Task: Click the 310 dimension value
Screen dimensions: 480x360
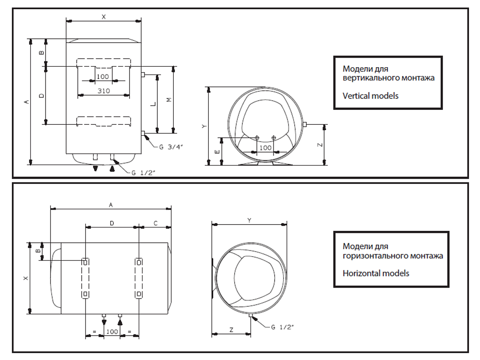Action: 104,91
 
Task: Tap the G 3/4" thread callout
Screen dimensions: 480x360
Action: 171,147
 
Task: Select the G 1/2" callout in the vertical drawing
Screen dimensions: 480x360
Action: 143,173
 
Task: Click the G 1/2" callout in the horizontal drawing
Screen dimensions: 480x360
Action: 282,327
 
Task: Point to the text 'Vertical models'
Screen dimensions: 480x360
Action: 371,96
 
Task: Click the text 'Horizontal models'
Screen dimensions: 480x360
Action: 376,273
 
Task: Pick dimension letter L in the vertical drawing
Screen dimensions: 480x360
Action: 154,104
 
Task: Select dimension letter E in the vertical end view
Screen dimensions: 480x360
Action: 217,152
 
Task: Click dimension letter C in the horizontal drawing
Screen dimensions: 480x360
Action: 156,223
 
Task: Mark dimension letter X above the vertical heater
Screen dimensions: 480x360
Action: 104,17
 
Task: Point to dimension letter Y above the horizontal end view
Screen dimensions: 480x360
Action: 250,220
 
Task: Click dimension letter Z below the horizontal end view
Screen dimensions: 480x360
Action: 231,330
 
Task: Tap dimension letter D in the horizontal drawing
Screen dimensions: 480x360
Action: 112,223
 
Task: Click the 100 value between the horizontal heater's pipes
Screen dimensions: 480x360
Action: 112,332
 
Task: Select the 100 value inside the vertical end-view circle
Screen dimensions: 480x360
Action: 265,147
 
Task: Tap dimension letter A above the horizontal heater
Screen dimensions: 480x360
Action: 111,205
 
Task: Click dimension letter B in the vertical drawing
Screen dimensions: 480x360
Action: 42,53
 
